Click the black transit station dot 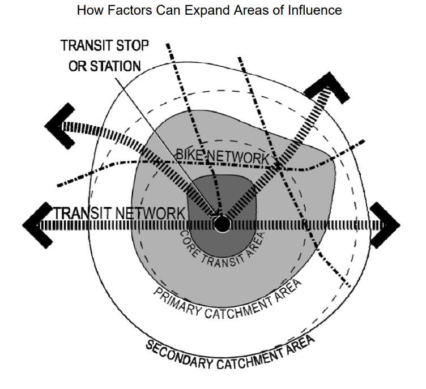[222, 224]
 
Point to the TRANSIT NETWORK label [120, 213]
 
